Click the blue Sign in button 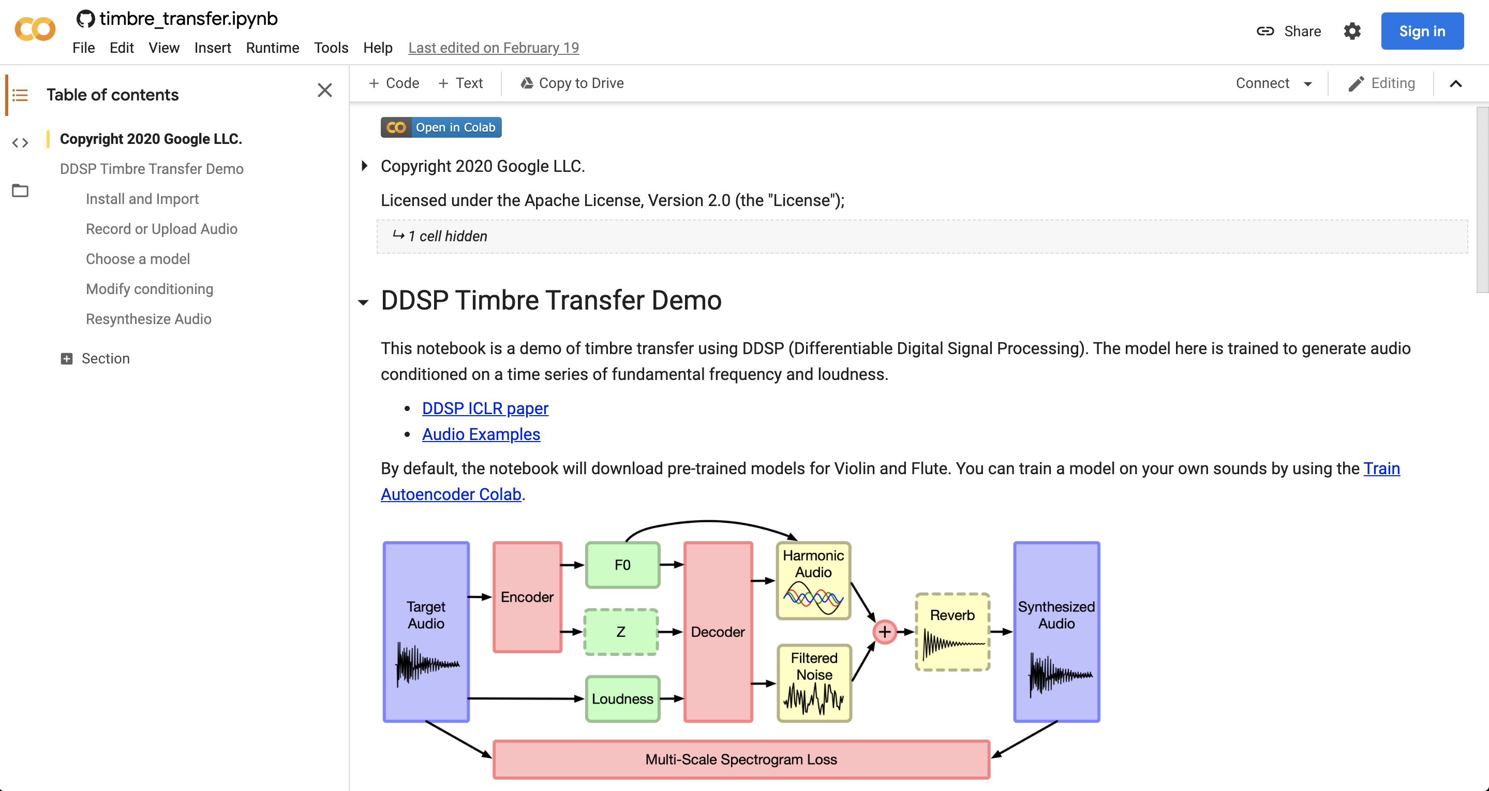coord(1421,31)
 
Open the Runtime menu coord(272,48)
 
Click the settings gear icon coord(1352,31)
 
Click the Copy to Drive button coord(572,83)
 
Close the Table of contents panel coord(325,90)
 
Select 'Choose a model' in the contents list coord(138,259)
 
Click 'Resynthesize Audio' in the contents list coord(148,319)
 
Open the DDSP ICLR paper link coord(485,408)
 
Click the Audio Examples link coord(481,434)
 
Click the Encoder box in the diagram coord(527,597)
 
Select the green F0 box coord(622,565)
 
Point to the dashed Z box coord(621,632)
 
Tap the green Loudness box coord(622,699)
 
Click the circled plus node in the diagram coord(884,632)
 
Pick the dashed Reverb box coord(952,632)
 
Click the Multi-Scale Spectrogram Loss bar coord(741,760)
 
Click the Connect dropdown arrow coord(1307,84)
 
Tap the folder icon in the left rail coord(20,191)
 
